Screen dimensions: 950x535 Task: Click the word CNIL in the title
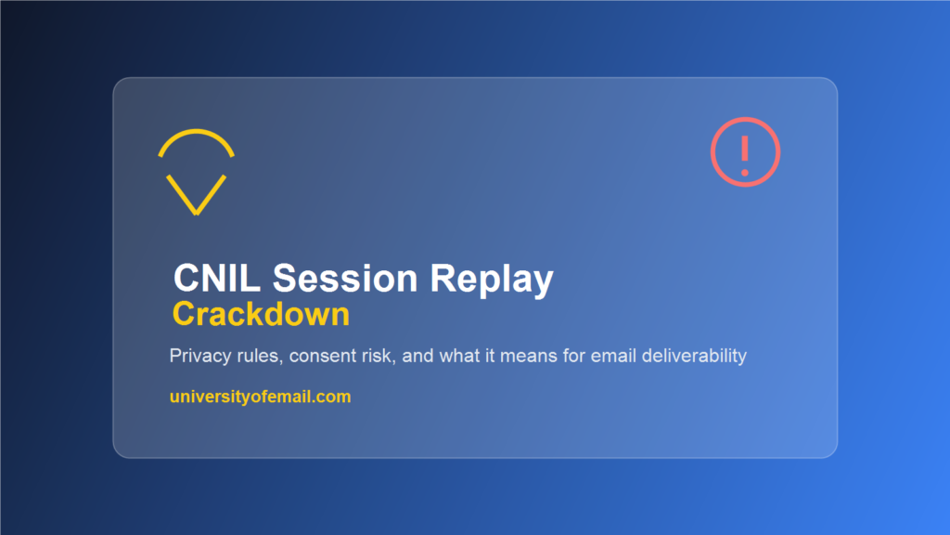tap(217, 279)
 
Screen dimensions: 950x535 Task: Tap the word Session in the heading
tap(345, 279)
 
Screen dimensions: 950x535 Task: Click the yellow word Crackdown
tap(261, 314)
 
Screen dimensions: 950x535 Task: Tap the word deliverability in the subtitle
tap(694, 356)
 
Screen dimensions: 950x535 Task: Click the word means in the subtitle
tap(528, 357)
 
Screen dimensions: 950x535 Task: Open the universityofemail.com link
tap(261, 397)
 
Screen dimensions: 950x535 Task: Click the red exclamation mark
tap(745, 156)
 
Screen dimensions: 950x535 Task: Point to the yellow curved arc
tap(197, 132)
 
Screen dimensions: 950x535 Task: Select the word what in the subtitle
tap(459, 356)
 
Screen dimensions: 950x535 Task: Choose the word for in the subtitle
tap(573, 356)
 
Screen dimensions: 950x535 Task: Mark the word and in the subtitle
tap(418, 356)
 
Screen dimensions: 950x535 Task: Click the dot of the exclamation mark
tap(745, 174)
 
